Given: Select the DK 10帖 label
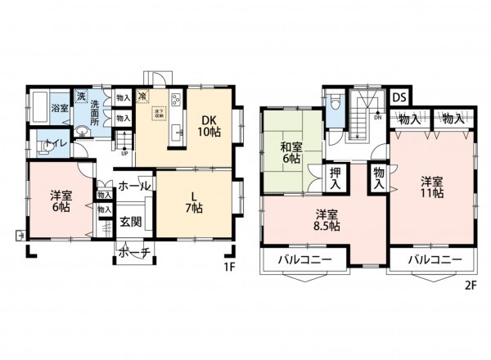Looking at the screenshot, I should coord(210,125).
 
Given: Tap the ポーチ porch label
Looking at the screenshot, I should coord(133,253).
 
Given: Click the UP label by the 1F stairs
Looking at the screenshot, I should coord(124,152).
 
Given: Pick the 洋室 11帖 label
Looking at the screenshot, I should coord(433,187).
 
